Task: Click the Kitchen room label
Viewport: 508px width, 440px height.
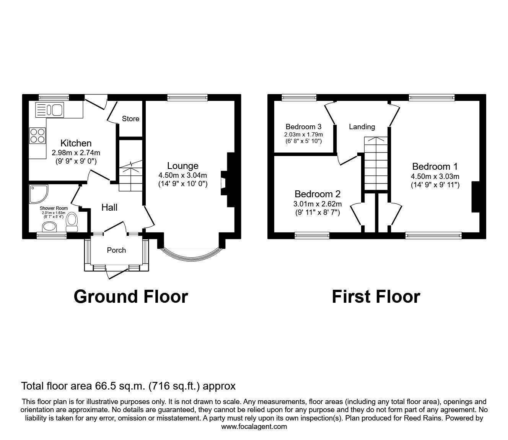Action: tap(76, 143)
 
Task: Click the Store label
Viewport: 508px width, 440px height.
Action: tap(130, 119)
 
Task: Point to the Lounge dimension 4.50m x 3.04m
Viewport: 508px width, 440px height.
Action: tap(183, 175)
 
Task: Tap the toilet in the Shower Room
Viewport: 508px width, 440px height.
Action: tap(72, 221)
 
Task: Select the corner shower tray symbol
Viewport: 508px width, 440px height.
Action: tap(37, 193)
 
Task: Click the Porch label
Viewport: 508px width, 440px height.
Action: tap(116, 250)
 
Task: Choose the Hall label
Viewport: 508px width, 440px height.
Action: tap(109, 208)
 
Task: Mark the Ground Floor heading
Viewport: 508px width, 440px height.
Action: tap(130, 297)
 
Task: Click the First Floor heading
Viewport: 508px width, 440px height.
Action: tap(376, 297)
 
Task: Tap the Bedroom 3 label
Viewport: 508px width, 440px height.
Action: tap(303, 127)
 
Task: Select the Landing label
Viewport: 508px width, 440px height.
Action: tap(362, 127)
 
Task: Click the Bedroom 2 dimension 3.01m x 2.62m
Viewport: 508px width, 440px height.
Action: tap(317, 204)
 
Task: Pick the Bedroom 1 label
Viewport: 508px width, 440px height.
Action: tap(435, 167)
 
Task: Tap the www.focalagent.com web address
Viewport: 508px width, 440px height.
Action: tap(254, 427)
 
